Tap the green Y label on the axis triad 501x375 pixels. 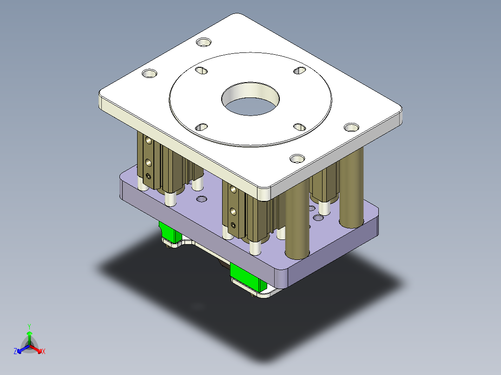[x=29, y=326]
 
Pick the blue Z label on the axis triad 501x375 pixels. [x=15, y=351]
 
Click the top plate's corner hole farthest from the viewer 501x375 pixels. [x=203, y=43]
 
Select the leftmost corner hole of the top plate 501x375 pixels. [x=149, y=74]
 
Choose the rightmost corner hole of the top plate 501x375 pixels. [x=351, y=127]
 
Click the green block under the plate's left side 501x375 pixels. [x=170, y=232]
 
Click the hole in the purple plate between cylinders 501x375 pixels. [x=202, y=199]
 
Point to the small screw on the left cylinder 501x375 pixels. [x=148, y=175]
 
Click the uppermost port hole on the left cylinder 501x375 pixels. [x=148, y=140]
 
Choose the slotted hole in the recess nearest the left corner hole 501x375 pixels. [x=201, y=70]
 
